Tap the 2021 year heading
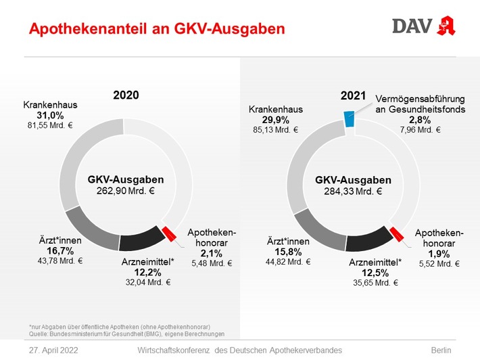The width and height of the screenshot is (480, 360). (353, 95)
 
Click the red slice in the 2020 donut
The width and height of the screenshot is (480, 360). (170, 233)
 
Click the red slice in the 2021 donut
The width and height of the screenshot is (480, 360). (398, 234)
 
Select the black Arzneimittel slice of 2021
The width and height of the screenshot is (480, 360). (368, 242)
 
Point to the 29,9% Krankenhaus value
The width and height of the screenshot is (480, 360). (275, 120)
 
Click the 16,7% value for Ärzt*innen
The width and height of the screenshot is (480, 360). (60, 250)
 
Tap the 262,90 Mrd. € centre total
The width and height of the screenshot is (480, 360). (126, 192)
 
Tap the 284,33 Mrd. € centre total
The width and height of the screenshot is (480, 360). (353, 192)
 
